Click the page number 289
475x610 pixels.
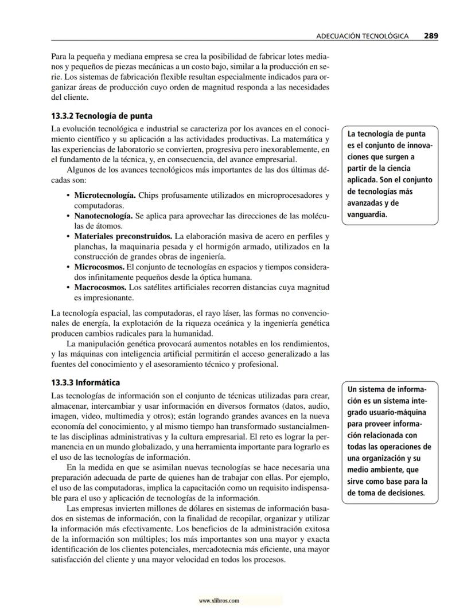tap(431, 36)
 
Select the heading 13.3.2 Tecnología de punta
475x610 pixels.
tap(102, 115)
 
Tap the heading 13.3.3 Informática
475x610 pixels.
tap(85, 382)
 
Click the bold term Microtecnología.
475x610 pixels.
tap(105, 196)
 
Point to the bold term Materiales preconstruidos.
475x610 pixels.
tap(123, 237)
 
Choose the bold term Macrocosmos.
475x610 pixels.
tap(100, 287)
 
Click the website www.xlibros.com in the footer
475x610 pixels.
tap(219, 601)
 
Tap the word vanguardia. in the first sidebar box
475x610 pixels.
tap(368, 215)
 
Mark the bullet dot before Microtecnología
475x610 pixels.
tap(69, 196)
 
